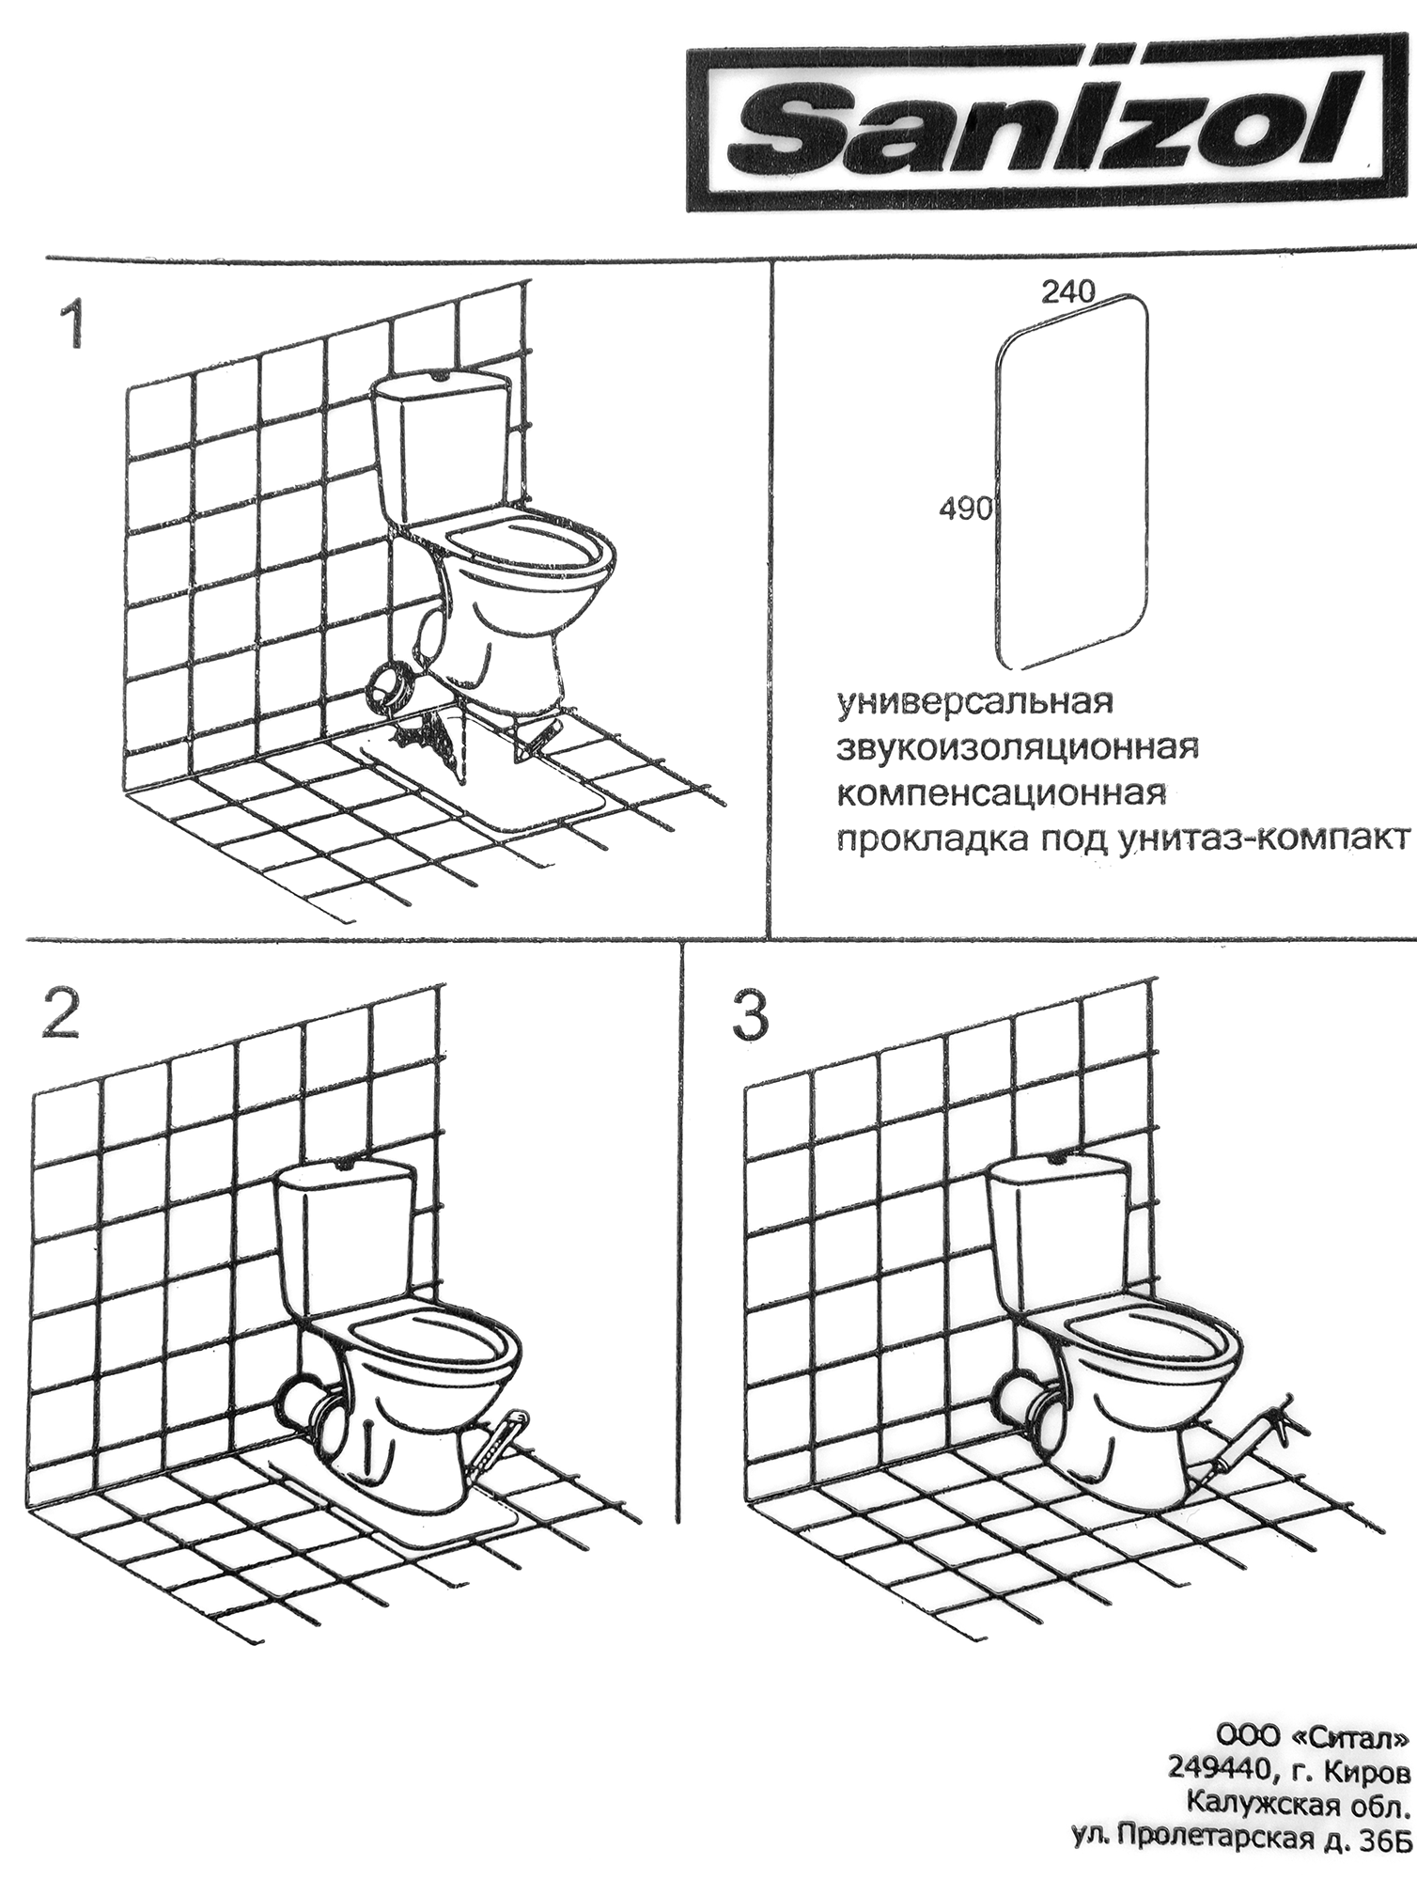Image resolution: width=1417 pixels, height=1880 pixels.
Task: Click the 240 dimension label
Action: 1067,292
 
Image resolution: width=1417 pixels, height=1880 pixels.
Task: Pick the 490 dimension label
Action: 965,509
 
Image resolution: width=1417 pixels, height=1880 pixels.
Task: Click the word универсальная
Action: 974,702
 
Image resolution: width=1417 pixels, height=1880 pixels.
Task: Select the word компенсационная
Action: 1002,794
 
